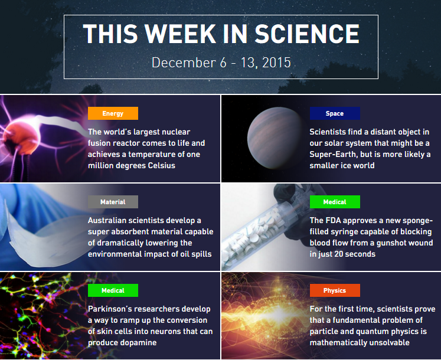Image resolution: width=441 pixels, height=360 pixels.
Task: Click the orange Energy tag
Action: [113, 113]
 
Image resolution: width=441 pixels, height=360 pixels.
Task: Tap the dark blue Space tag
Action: [335, 113]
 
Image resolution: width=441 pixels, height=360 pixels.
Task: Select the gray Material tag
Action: [113, 202]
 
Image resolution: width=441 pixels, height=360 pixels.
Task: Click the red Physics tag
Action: [335, 290]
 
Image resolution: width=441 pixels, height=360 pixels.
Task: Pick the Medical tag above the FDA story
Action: [335, 202]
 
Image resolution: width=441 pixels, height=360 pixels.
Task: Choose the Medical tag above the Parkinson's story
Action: [113, 290]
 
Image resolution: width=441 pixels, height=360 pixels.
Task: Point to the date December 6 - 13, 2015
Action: [221, 63]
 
